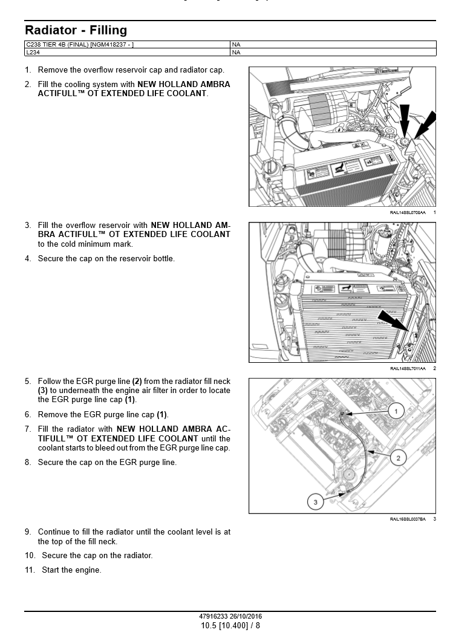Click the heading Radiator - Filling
76,30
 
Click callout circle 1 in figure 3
396,411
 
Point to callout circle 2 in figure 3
398,458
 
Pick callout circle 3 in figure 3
315,501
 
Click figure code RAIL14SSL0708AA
407,213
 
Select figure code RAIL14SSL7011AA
407,368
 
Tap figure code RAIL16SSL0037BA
407,519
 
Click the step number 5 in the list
28,382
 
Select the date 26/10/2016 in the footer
247,617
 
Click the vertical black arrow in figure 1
405,121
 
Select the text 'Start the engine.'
71,570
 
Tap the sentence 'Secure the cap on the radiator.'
97,556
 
